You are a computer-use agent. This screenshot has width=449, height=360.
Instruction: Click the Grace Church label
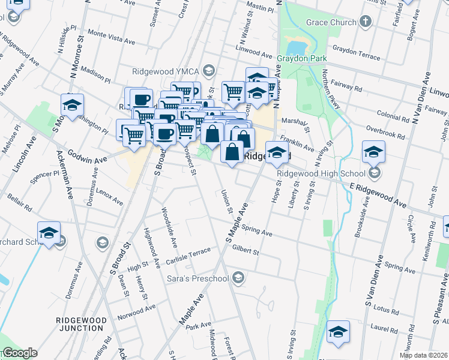tap(331, 23)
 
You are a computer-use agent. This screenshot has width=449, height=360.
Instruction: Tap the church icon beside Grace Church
tap(366, 23)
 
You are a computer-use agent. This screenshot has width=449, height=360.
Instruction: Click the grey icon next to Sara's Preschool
tap(238, 277)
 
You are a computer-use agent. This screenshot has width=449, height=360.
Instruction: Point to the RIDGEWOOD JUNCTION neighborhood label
tap(80, 324)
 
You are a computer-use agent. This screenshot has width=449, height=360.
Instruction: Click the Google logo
tap(20, 353)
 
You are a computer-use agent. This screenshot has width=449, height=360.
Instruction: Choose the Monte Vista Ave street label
tap(111, 37)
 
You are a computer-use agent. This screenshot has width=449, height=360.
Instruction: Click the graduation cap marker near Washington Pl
tap(72, 106)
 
